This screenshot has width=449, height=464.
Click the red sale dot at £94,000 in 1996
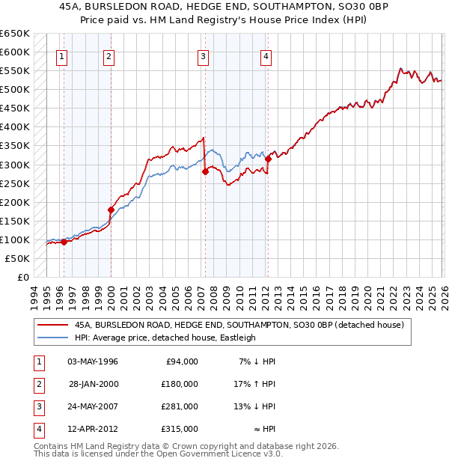(64, 242)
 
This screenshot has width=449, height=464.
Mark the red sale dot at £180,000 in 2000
(111, 210)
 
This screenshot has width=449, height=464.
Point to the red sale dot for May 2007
(205, 171)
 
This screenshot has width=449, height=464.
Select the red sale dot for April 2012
(268, 159)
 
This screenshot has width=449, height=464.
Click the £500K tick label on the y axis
(14, 90)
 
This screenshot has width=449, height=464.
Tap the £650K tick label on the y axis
(14, 34)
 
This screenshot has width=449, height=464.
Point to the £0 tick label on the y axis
(22, 278)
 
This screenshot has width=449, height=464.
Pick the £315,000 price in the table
(179, 429)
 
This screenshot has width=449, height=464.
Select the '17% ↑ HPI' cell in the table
(253, 384)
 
